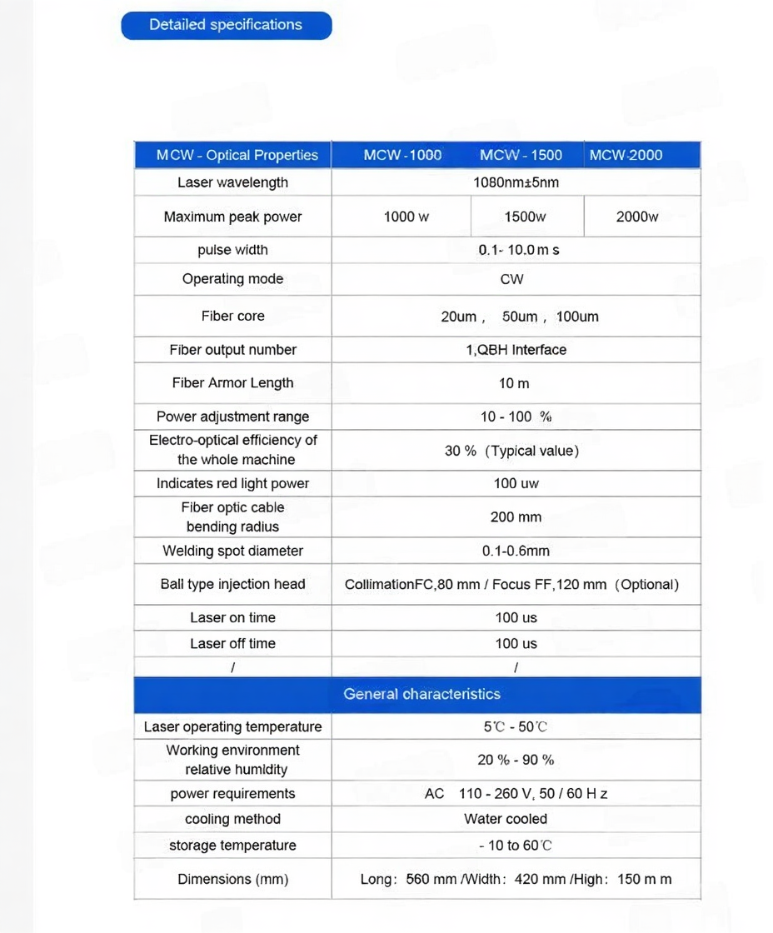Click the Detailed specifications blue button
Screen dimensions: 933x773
226,25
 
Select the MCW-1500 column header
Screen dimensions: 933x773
521,155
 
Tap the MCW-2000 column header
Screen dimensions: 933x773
626,155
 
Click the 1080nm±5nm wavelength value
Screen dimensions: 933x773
516,182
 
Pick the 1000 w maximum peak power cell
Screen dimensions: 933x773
406,217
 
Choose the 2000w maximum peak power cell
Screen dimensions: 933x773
637,217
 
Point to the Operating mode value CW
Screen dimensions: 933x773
511,279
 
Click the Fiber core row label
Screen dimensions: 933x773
232,316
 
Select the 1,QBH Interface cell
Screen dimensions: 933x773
516,350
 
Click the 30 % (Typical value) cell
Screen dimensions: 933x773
511,451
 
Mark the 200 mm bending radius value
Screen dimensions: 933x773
516,517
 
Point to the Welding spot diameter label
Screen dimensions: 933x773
232,551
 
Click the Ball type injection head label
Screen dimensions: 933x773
232,584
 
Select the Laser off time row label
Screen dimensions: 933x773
232,643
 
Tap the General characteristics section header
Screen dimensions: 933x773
421,694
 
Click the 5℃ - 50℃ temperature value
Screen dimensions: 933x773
516,726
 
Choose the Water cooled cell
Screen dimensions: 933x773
506,819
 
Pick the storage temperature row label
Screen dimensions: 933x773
232,846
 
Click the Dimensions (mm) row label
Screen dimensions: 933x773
232,879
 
